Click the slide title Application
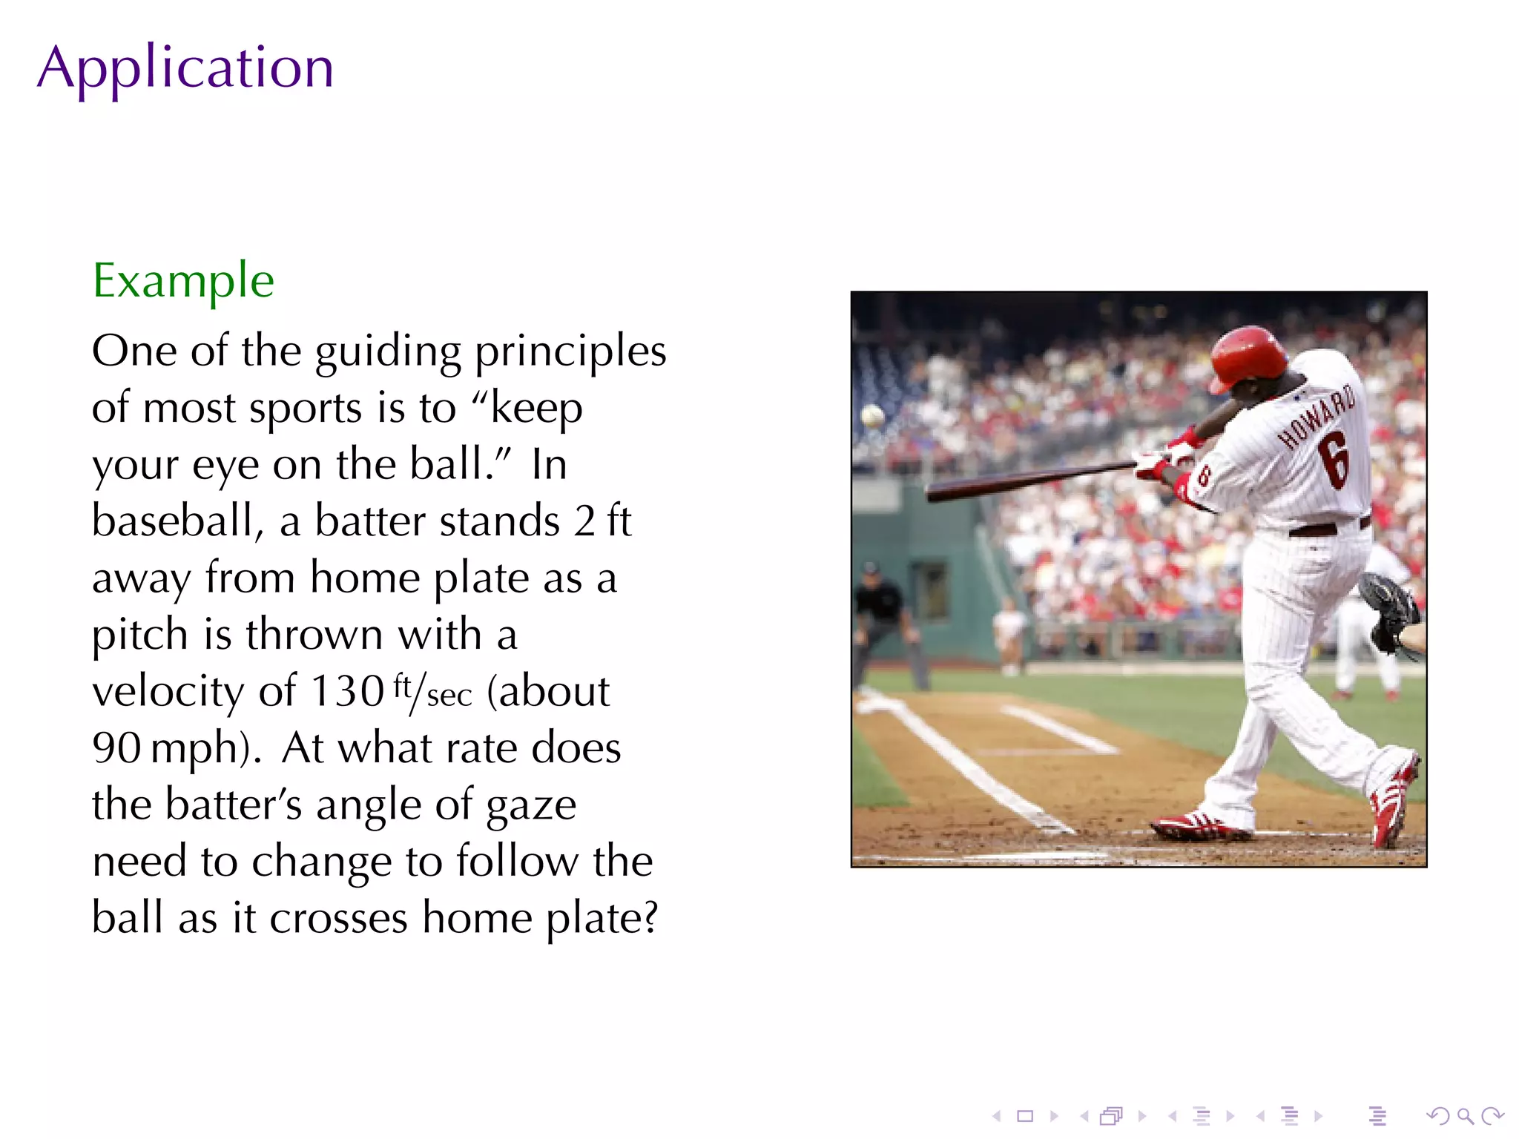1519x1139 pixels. point(185,68)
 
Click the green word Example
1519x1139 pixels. point(183,281)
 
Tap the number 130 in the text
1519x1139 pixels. point(347,691)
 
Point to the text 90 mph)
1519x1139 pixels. point(177,748)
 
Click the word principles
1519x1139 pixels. point(570,351)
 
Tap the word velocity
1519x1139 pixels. point(168,691)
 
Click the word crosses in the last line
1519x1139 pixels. point(338,919)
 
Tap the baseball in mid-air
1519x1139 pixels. point(872,416)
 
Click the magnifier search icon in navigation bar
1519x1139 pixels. point(1465,1116)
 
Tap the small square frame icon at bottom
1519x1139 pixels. point(1025,1116)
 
